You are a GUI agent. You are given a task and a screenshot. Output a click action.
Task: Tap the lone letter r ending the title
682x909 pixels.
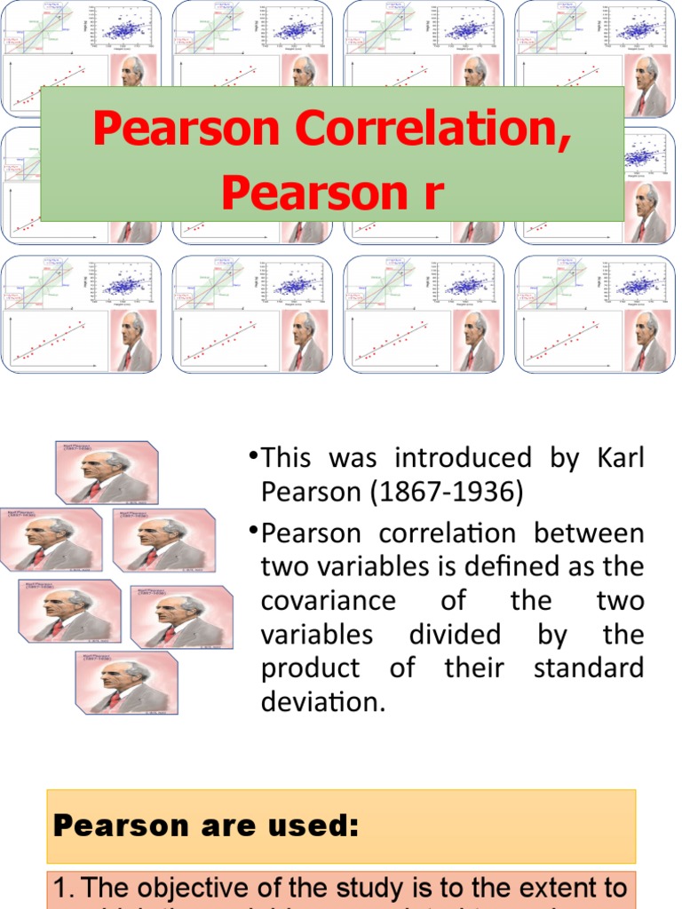pos(432,193)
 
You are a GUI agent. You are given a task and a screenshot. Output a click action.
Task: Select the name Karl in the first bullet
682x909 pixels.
pos(620,458)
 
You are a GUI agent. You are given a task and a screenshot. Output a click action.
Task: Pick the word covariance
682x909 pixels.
pos(328,601)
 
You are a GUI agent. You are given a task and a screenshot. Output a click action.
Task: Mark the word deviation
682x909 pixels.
pos(321,702)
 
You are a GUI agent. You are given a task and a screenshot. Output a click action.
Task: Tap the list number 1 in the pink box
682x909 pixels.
pos(61,889)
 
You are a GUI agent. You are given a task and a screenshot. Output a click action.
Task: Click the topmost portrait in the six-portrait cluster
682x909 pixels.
pos(107,472)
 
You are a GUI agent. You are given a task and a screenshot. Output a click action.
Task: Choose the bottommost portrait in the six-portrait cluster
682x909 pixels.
pos(126,683)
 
